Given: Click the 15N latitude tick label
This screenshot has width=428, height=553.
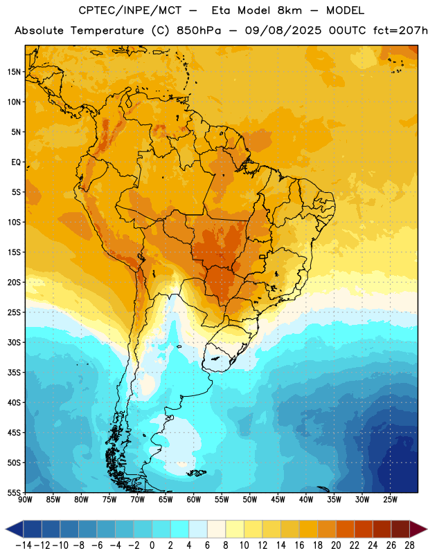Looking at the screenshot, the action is point(14,72).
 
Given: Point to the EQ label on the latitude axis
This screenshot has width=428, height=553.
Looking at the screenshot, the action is point(16,162).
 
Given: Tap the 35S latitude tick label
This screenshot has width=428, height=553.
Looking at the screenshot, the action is point(14,373).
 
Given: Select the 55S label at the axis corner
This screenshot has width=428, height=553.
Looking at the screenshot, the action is point(14,493).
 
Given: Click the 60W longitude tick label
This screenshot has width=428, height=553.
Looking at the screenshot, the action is point(194,500).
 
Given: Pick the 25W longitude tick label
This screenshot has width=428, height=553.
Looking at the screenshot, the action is point(390,500).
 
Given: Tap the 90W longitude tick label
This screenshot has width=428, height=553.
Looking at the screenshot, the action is point(25,500).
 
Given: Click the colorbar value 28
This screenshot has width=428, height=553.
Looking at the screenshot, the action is point(409,545).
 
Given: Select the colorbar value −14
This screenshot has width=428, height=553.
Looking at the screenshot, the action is point(24,545).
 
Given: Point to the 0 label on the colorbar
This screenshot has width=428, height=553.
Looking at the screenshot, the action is point(152,545).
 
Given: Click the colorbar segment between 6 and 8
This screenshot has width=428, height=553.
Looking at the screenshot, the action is point(216,529).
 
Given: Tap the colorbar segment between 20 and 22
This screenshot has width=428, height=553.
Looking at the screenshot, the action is point(346,529).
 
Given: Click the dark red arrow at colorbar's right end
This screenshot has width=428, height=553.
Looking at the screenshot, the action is point(418,529).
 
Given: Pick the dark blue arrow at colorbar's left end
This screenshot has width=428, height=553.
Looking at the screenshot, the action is point(15,529).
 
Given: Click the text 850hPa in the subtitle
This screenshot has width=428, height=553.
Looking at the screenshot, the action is point(199,30).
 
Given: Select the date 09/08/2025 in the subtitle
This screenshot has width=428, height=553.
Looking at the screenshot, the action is point(283,30).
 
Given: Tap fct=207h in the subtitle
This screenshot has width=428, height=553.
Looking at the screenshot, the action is point(400,30).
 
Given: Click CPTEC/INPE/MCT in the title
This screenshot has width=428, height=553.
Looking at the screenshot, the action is point(130,10).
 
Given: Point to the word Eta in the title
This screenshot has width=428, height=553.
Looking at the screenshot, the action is point(220,10).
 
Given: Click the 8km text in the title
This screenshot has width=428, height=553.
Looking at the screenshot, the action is point(289,10).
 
